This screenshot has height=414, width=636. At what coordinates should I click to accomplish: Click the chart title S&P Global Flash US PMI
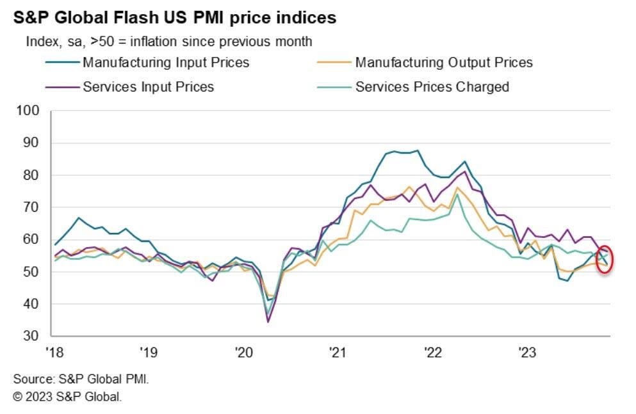[174, 18]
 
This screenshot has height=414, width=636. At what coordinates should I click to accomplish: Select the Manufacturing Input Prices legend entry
[165, 63]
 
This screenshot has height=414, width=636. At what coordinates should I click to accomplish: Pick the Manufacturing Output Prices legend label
[444, 63]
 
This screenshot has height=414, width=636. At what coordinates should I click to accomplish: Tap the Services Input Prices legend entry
[148, 86]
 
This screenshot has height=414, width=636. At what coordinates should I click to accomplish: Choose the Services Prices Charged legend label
[432, 86]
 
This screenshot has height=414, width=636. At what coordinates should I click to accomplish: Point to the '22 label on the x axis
[433, 351]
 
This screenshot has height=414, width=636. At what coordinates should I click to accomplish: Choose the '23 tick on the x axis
[527, 351]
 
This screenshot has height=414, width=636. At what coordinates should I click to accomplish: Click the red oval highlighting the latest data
[605, 259]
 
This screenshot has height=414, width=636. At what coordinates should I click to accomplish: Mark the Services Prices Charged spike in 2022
[457, 195]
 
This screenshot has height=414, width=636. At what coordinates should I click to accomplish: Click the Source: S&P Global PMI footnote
[81, 379]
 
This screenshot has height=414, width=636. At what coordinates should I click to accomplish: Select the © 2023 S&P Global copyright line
[67, 397]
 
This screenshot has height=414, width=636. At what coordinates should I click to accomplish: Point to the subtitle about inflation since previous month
[169, 42]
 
